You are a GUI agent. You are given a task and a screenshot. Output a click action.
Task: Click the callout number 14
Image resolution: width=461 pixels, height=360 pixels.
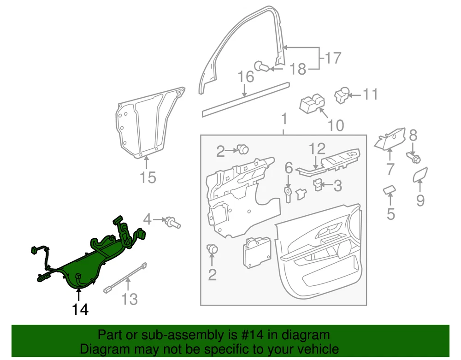pos(80,309)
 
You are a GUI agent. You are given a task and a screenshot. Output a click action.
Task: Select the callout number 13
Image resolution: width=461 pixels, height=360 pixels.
pos(130,299)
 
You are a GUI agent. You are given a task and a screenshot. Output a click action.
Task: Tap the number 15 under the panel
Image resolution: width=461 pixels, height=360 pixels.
pos(148,177)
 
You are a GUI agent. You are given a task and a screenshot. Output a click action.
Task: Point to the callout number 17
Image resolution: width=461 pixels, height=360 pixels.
pos(333,58)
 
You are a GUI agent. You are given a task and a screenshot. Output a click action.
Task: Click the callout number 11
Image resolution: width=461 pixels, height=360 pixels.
pos(370,94)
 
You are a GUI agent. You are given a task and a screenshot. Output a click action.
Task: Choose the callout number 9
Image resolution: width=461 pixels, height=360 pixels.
pos(420,201)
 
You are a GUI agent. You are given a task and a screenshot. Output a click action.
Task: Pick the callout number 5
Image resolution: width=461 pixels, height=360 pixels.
pos(390,213)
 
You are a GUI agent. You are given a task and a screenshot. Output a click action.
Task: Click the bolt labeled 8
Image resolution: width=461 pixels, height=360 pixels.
pos(414,158)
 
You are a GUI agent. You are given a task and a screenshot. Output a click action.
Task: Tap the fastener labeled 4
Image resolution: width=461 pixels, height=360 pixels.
pos(172,222)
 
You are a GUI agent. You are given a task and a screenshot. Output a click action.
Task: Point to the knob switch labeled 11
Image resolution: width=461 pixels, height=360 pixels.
pos(341,95)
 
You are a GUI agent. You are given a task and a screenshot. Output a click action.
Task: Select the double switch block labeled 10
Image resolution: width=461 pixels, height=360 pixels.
pos(312,104)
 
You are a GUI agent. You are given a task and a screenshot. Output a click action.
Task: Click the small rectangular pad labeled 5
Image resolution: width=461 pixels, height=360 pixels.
pos(390,190)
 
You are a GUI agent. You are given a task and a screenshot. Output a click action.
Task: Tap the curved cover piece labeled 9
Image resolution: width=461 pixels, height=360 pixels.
pos(420,174)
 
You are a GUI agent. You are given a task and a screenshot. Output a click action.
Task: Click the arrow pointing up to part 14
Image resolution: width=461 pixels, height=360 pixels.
pos(78,295)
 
